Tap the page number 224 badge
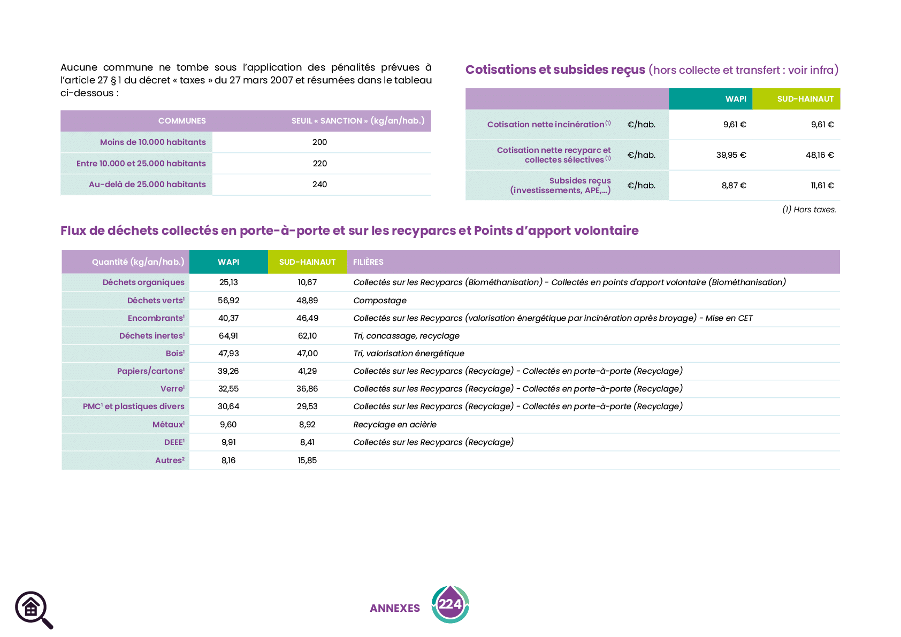pyautogui.click(x=450, y=604)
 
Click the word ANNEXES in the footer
pyautogui.click(x=395, y=609)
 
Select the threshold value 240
pyautogui.click(x=319, y=185)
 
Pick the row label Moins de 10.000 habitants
pyautogui.click(x=153, y=142)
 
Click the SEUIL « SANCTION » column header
pyautogui.click(x=358, y=121)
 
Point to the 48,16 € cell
pyautogui.click(x=819, y=155)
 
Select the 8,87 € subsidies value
pyautogui.click(x=734, y=186)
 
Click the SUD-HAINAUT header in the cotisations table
pyautogui.click(x=805, y=99)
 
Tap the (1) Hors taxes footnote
pyautogui.click(x=809, y=210)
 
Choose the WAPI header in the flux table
pyautogui.click(x=228, y=262)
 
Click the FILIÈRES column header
pyautogui.click(x=368, y=262)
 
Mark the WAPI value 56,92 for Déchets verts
pyautogui.click(x=228, y=301)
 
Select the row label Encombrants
pyautogui.click(x=156, y=318)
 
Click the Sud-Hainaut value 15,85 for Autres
pyautogui.click(x=307, y=461)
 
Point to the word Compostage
pyautogui.click(x=380, y=301)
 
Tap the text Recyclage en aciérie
pyautogui.click(x=395, y=425)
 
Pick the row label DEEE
pyautogui.click(x=174, y=442)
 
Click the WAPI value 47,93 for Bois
pyautogui.click(x=228, y=354)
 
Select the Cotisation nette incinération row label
pyautogui.click(x=548, y=125)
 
